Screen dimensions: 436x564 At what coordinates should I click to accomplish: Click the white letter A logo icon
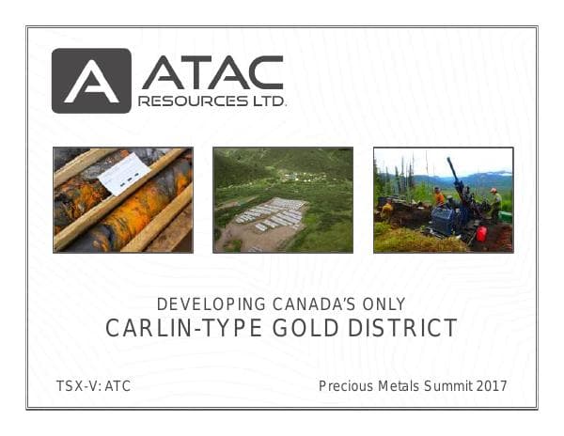click(90, 81)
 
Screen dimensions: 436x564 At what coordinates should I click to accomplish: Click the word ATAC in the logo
click(211, 72)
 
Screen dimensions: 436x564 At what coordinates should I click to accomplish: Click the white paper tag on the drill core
click(123, 173)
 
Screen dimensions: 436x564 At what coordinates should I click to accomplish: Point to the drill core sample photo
click(122, 199)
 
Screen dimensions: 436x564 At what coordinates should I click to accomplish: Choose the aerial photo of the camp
click(283, 199)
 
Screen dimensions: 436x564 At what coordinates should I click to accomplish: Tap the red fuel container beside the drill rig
click(480, 233)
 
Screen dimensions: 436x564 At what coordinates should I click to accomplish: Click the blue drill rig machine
click(452, 216)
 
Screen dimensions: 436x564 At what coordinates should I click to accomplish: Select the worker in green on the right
click(494, 204)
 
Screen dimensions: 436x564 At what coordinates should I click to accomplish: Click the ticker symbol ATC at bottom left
click(117, 385)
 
